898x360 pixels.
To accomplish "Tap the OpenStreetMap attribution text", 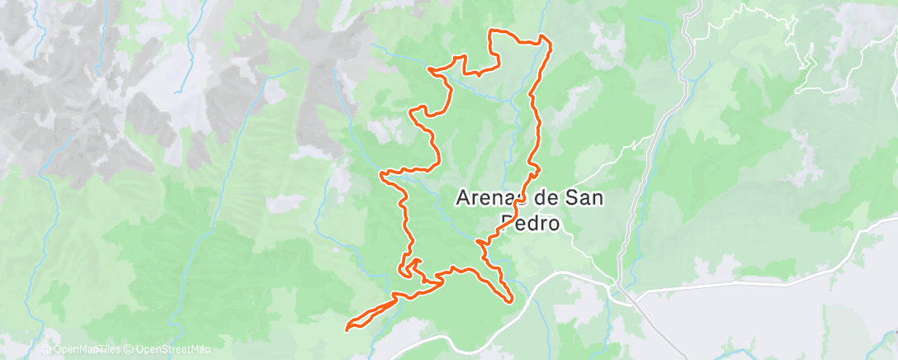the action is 173,349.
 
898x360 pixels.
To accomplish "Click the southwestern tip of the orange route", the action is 346,327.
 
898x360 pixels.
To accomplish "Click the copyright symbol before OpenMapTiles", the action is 46,349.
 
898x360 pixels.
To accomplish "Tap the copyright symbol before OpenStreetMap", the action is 130,349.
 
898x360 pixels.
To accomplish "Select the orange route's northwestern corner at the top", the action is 493,31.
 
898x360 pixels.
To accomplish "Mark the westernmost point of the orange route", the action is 346,327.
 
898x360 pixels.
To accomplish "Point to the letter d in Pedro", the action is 532,223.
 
